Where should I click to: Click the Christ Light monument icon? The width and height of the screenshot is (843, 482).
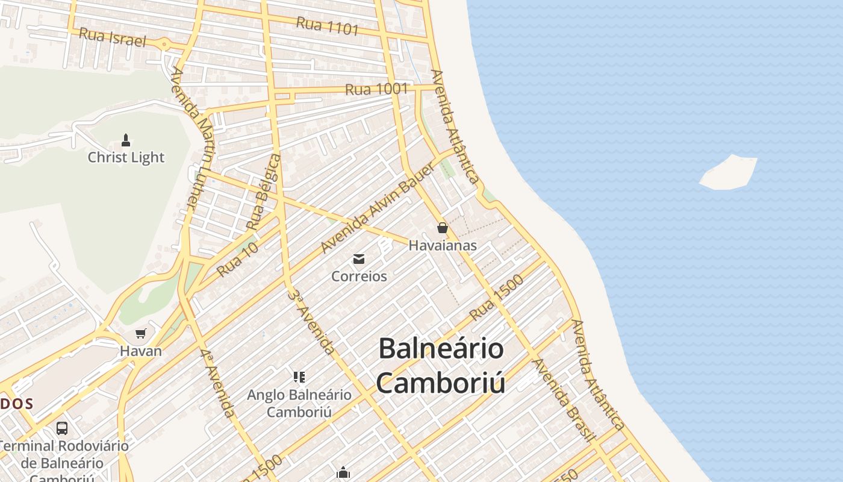point(126,140)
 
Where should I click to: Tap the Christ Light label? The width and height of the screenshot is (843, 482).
point(126,157)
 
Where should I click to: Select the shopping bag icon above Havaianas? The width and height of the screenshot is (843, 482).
point(442,228)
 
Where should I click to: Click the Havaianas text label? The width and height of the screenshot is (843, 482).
point(443,245)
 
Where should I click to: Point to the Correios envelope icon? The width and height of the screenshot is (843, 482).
point(359,259)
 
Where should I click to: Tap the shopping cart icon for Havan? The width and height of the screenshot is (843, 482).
point(141,333)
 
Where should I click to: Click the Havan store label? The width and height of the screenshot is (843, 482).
point(141,351)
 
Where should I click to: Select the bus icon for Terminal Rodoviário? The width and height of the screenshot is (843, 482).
point(62,428)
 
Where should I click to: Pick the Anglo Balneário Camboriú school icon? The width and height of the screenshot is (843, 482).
point(299,377)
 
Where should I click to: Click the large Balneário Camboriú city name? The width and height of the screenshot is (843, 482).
point(441,366)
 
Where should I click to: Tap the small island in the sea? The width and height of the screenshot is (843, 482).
point(729,173)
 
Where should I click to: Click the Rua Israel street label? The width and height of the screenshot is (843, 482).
point(113,37)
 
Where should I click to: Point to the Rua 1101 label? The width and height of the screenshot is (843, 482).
point(327,25)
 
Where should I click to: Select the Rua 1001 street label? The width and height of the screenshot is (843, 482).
point(376,89)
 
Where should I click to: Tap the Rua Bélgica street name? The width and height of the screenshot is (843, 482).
point(264,192)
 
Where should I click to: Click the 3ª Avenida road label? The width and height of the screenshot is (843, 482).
point(311,321)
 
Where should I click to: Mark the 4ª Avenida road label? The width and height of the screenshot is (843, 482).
point(218,383)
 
